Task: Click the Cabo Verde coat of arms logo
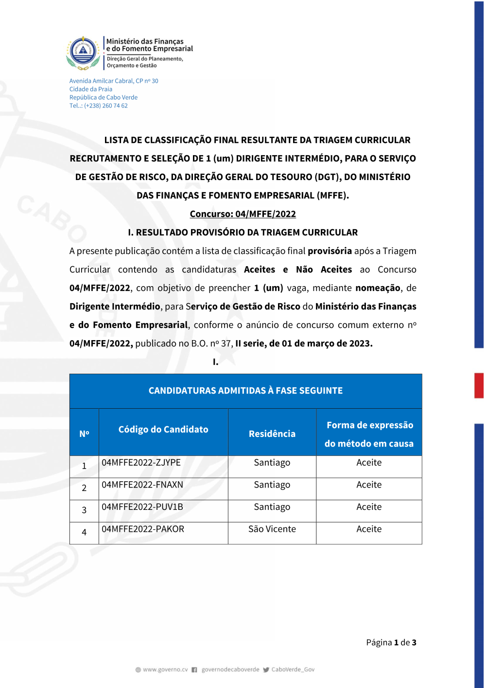coord(83,52)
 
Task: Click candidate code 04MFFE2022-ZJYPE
coord(141,463)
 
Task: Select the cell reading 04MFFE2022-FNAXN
coord(142,485)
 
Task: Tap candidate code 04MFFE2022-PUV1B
coord(142,507)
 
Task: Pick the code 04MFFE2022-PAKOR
coord(142,529)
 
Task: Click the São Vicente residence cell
coord(272,529)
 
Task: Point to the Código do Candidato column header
coord(163,430)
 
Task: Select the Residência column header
coord(272,434)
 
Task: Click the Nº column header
coord(84,434)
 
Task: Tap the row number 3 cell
coord(84,510)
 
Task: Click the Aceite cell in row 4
coord(369,529)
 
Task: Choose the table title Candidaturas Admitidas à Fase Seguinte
coord(245,391)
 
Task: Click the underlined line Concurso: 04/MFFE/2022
coord(243,214)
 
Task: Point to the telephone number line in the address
coord(98,106)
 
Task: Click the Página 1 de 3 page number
coord(391,643)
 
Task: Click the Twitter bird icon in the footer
coord(266,670)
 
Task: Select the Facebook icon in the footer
coord(194,670)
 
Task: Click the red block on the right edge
coord(479,385)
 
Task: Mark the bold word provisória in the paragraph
coord(330,251)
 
